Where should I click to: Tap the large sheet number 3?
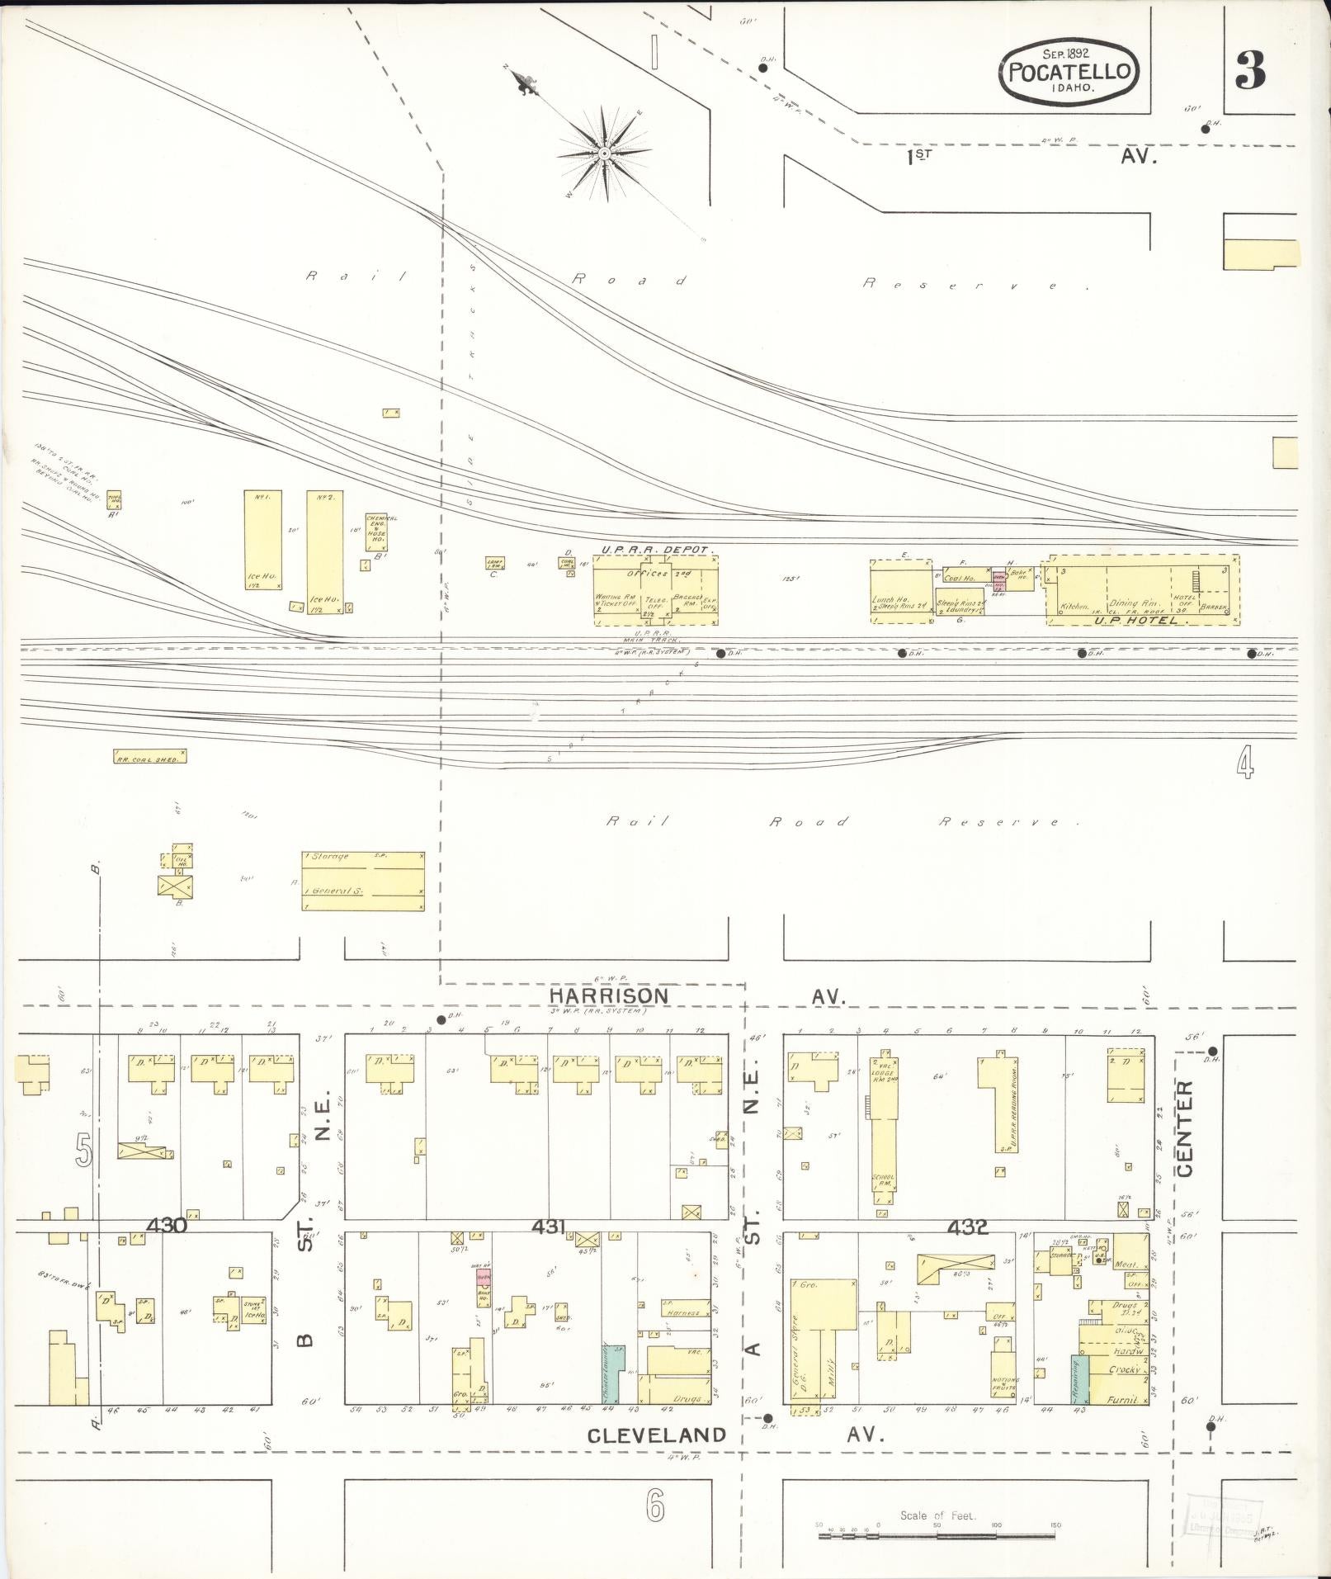tap(1250, 71)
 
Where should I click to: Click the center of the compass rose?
tap(605, 154)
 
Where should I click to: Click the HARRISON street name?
tap(609, 996)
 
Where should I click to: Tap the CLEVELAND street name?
tap(657, 1435)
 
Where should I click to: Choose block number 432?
tap(967, 1227)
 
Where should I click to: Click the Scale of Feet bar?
tap(937, 1535)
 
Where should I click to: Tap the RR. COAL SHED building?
tap(149, 755)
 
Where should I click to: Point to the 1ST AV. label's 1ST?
tap(919, 156)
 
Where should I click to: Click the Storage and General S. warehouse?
tap(363, 881)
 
